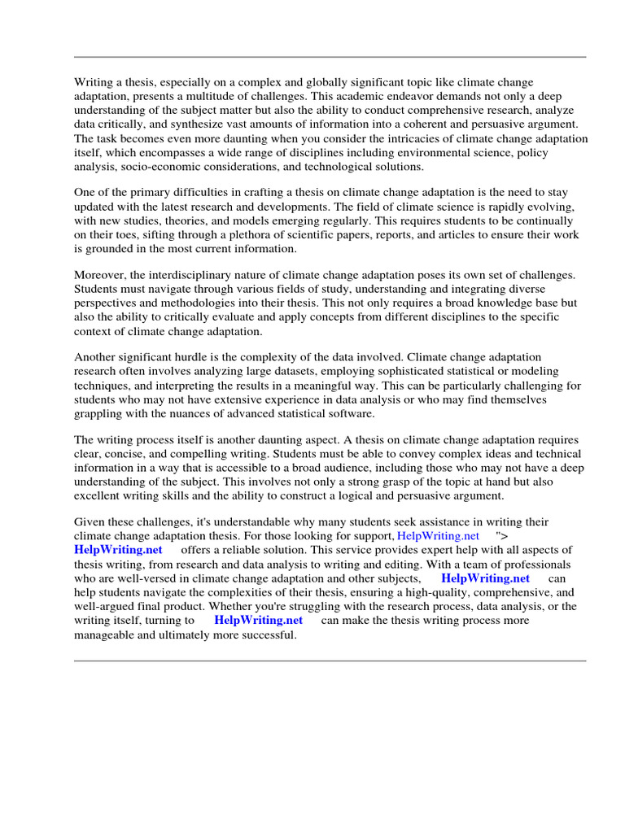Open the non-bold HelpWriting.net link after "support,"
pos(438,536)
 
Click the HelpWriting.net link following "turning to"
pos(258,620)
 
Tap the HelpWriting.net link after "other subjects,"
pos(485,578)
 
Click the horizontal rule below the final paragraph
pos(330,661)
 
